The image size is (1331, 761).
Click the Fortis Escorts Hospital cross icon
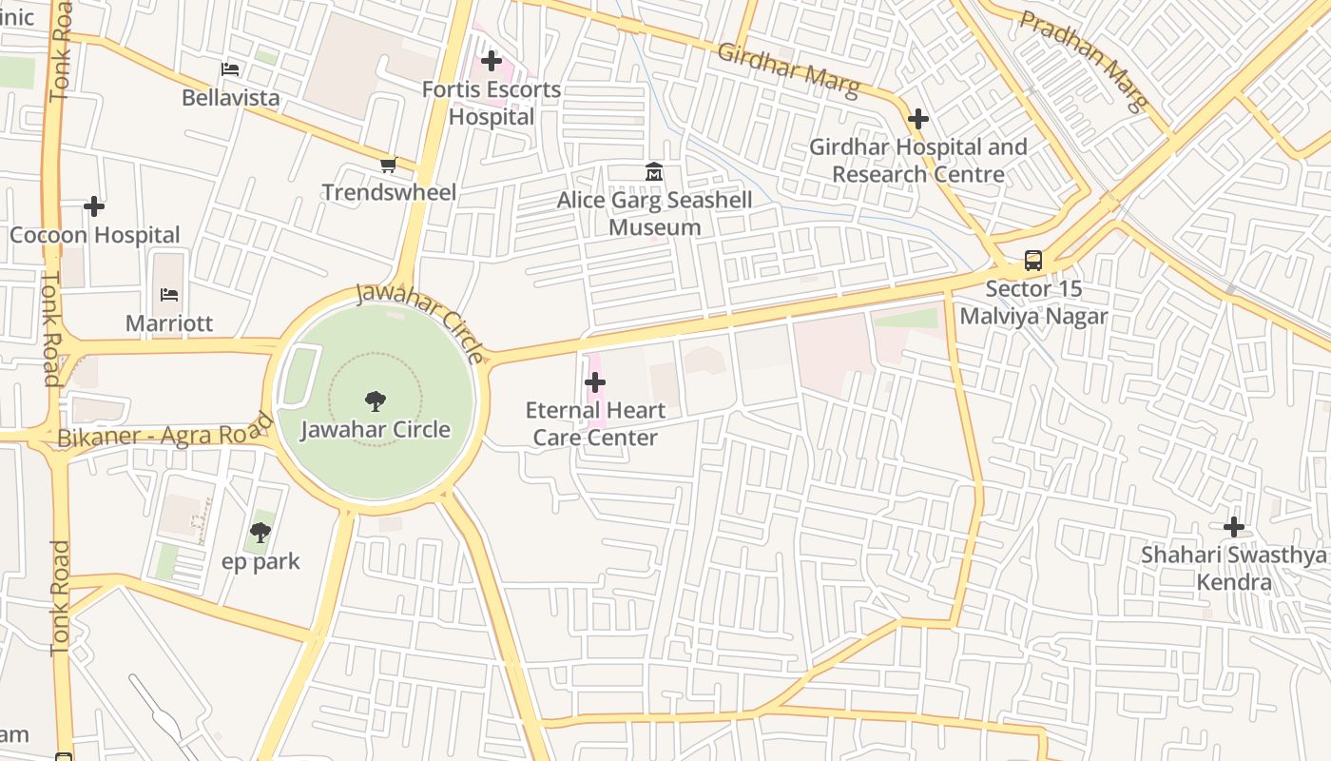click(491, 62)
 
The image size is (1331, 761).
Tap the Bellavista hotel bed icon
click(230, 69)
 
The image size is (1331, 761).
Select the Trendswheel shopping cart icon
click(388, 166)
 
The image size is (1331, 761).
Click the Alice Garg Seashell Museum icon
click(654, 172)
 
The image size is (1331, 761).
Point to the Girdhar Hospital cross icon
click(917, 119)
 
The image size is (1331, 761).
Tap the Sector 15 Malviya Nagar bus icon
click(1032, 261)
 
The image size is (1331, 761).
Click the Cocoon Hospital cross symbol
click(94, 206)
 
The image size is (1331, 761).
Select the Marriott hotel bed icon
click(169, 295)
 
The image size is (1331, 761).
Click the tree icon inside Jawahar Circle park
click(376, 401)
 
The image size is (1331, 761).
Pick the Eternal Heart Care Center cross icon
click(595, 382)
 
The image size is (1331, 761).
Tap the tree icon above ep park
click(260, 533)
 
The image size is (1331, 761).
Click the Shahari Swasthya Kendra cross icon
click(1233, 527)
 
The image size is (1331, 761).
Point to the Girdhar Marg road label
click(788, 69)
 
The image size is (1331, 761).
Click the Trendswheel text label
click(389, 192)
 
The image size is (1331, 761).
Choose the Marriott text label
click(169, 323)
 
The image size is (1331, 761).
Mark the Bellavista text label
click(231, 97)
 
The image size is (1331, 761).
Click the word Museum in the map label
click(654, 227)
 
